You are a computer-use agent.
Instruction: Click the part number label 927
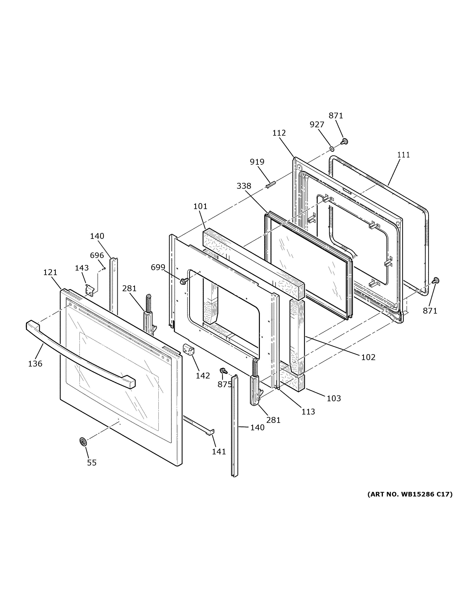317,125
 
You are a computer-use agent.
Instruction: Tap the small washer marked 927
332,149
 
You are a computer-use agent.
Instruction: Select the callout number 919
257,162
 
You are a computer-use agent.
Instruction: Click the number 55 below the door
92,463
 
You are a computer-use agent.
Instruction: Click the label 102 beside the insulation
368,357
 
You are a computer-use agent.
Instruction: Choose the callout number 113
308,412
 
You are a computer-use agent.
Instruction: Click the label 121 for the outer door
50,272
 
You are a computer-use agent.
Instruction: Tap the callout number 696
97,255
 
